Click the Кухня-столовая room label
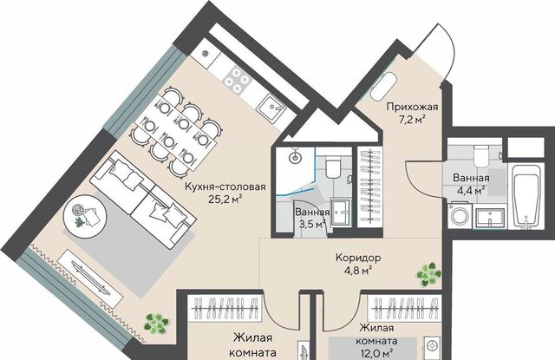click(x=225, y=187)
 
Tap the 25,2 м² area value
click(x=225, y=200)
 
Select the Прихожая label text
click(x=412, y=107)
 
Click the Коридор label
click(x=358, y=258)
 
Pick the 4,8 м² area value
click(x=358, y=271)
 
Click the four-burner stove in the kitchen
click(x=237, y=81)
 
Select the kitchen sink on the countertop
click(x=271, y=106)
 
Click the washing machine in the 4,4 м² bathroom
click(x=460, y=215)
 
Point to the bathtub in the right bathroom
click(x=526, y=196)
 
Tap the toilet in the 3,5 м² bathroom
click(x=332, y=167)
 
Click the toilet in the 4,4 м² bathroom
click(x=481, y=155)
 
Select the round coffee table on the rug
click(x=85, y=213)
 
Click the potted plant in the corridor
click(x=428, y=274)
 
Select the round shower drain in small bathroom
click(x=295, y=158)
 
